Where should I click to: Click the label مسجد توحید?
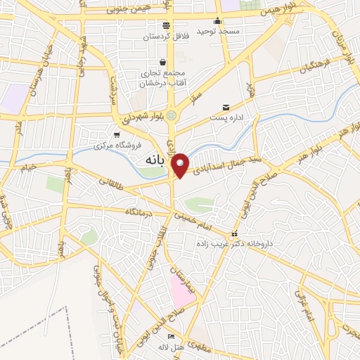pos(218,31)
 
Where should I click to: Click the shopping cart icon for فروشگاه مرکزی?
pos(117,135)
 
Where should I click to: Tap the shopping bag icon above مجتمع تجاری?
pos(163,62)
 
